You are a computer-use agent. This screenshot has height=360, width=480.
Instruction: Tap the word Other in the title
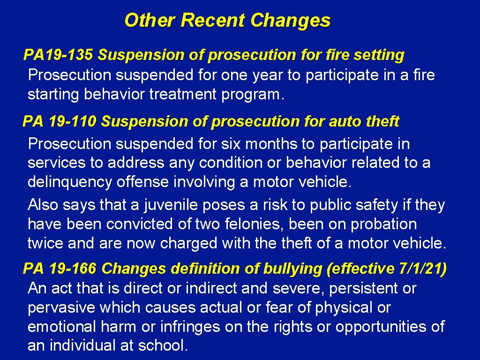150,21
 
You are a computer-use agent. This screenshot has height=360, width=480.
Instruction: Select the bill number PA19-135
59,55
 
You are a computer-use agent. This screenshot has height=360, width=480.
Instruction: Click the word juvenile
168,205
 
